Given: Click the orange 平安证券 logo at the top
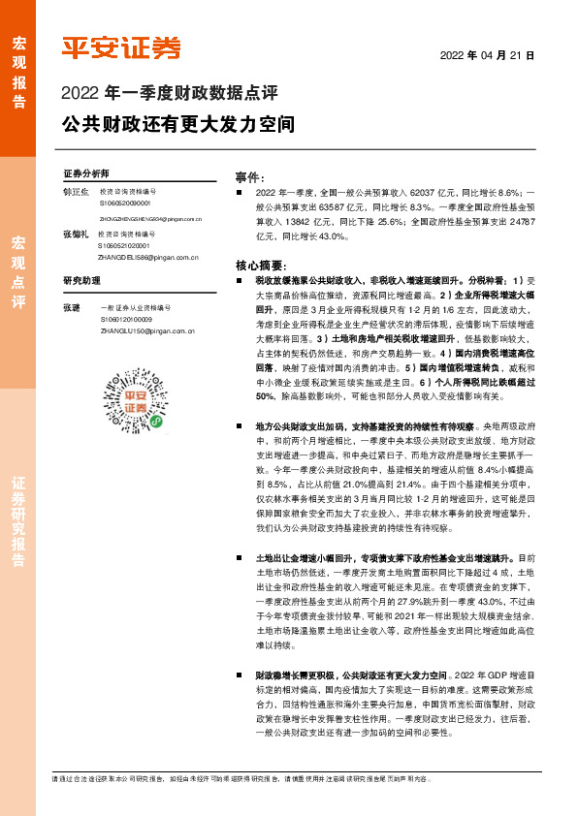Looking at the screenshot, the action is tap(121, 47).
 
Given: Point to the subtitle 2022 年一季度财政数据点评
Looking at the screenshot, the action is tap(169, 93).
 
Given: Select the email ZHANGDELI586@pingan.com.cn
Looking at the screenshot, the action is tap(147, 259).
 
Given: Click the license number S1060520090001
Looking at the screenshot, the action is tap(125, 204).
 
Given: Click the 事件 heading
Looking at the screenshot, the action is tap(250, 177).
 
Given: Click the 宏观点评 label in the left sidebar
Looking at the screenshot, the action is tap(18, 270).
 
